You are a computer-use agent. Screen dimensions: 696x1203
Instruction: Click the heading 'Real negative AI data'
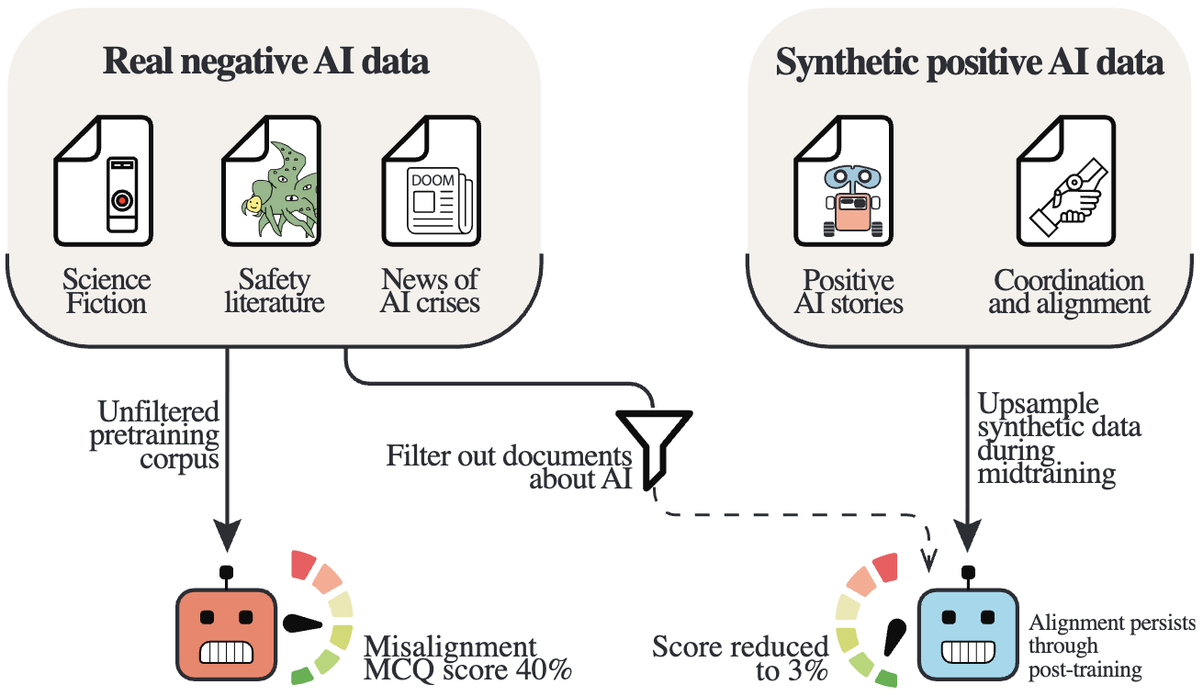pos(266,62)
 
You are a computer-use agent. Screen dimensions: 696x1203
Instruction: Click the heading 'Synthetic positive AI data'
pos(970,62)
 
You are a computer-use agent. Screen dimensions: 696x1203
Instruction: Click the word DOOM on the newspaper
pos(433,180)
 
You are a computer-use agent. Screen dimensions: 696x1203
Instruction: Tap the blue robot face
pos(969,634)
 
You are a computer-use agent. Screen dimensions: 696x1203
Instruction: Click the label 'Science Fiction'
pos(107,291)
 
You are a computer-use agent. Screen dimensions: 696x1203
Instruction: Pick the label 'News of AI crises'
pos(431,291)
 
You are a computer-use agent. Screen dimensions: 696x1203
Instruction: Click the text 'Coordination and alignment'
pos(1069,291)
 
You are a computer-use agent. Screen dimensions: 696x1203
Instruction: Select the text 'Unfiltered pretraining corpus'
pos(154,433)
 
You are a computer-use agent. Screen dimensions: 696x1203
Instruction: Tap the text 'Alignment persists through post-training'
pos(1111,646)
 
